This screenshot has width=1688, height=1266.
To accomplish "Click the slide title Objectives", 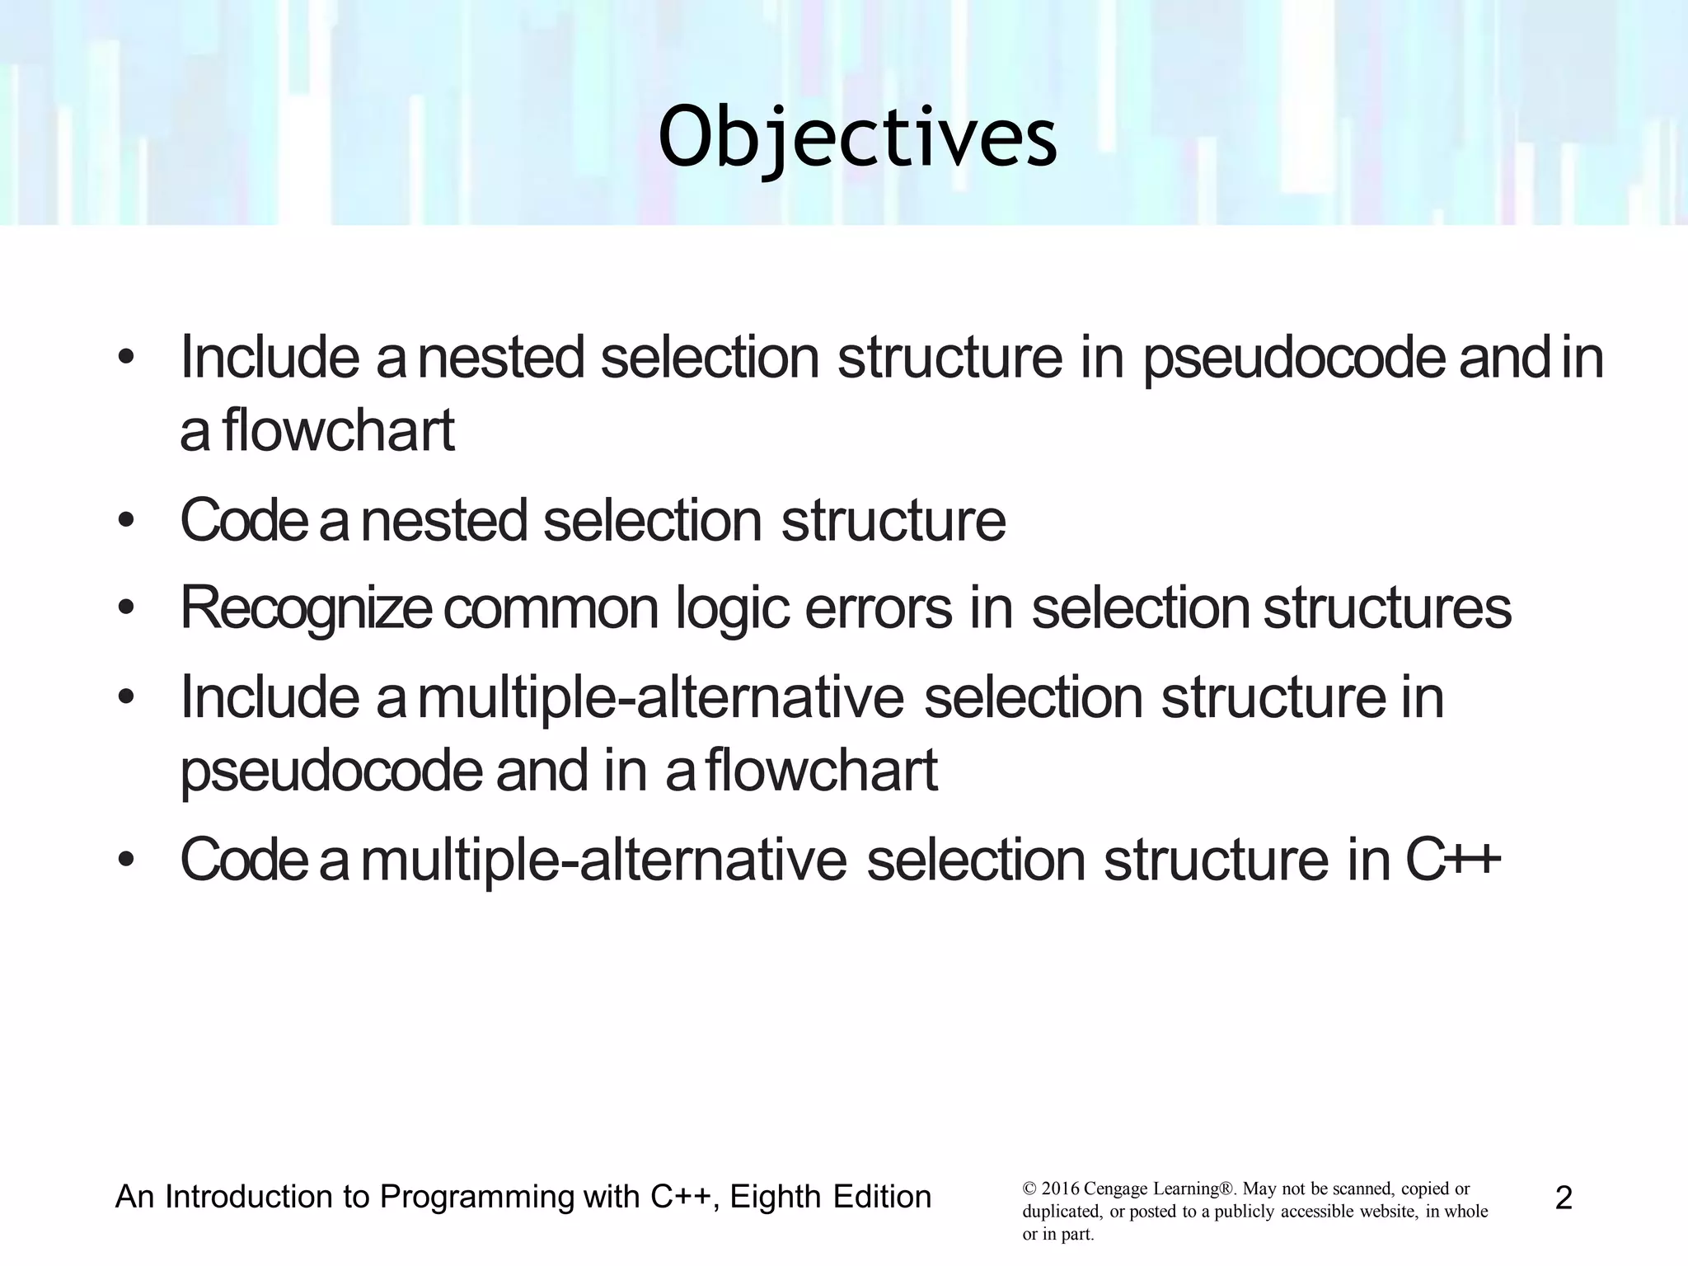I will pos(857,138).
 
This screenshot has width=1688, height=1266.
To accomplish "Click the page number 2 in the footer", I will pos(1564,1198).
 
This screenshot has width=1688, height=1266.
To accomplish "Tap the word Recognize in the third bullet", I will pos(305,608).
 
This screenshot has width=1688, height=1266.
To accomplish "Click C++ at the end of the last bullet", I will pos(1452,860).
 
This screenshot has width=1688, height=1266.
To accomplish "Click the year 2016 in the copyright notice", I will pos(1061,1189).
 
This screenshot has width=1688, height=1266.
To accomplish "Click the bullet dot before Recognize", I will pos(125,608).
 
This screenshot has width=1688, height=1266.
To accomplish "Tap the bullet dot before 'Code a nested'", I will pos(125,521).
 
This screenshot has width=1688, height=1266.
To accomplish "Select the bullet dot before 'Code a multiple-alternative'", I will pos(125,860).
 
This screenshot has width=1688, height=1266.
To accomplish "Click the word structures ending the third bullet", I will pos(1387,608).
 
